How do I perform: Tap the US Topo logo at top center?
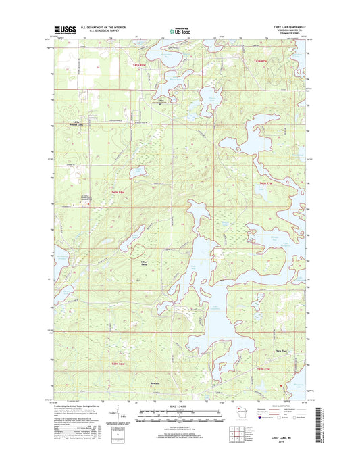pos(180,30)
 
